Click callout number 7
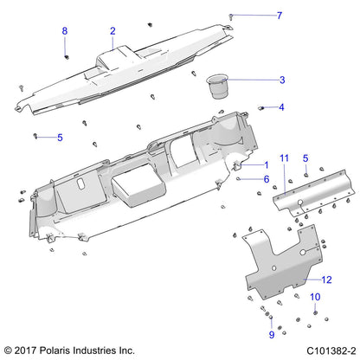[x=254, y=16]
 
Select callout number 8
[x=64, y=31]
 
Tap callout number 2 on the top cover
[x=112, y=31]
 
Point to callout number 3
[x=257, y=80]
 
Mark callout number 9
[x=247, y=334]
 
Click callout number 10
[x=315, y=297]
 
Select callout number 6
[x=266, y=178]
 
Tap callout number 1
[x=266, y=164]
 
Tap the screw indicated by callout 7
[x=208, y=16]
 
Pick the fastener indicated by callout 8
[x=66, y=56]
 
